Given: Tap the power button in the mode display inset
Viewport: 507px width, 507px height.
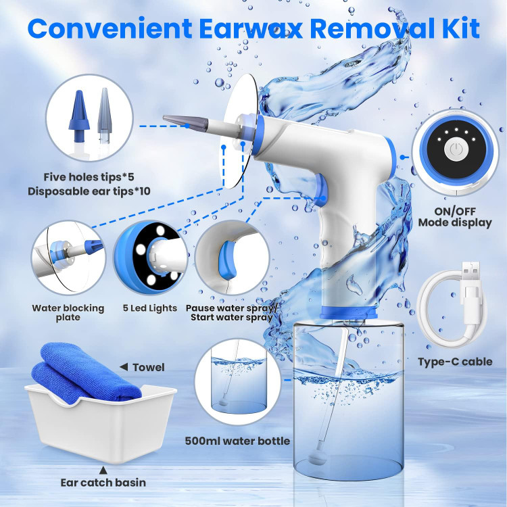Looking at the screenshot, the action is [x=456, y=149].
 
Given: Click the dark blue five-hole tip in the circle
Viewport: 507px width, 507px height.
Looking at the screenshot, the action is [x=78, y=116].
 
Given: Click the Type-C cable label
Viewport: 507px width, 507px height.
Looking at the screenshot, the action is [x=455, y=362].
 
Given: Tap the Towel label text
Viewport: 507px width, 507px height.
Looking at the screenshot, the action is [x=149, y=367].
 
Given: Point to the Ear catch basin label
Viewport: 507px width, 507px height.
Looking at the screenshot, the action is [x=103, y=483].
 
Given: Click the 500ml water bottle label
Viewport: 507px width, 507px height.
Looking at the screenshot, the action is [x=237, y=441].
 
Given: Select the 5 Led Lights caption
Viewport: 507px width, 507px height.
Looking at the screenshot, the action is [x=150, y=308].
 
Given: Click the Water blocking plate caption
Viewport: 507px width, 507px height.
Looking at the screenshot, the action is [x=68, y=312].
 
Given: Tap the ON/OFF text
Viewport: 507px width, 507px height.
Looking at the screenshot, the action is [x=455, y=211].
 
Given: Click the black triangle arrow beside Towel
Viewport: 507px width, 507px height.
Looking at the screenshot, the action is [x=124, y=366].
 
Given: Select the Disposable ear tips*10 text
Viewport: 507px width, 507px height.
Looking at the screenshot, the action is [x=89, y=191].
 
